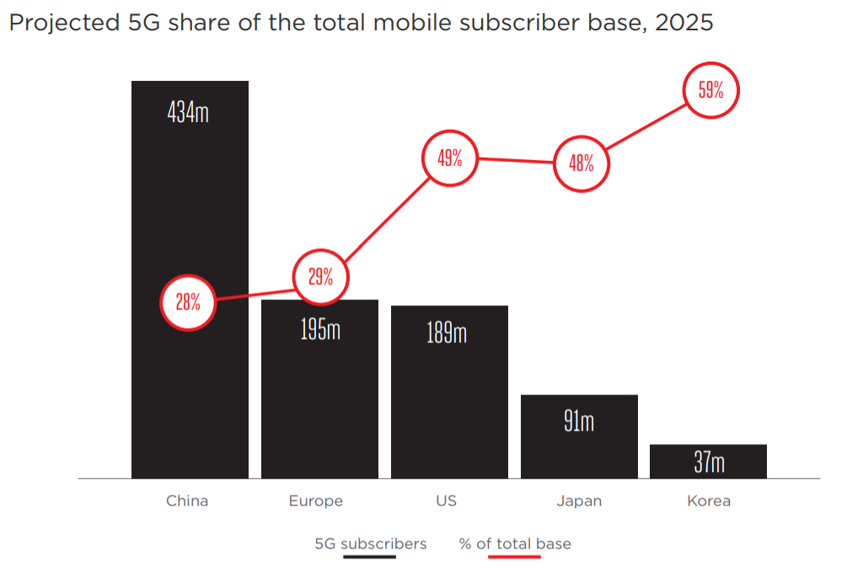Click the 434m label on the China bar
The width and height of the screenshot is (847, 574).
point(188,112)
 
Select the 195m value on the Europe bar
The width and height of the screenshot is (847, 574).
point(320,329)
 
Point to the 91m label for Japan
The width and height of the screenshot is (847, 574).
point(579,421)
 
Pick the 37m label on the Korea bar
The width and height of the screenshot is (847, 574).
point(709,463)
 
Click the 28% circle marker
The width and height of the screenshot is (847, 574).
point(188,303)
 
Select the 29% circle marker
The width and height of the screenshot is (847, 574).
point(320,276)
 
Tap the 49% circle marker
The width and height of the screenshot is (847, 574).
point(449,158)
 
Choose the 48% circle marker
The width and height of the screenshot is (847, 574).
point(581,163)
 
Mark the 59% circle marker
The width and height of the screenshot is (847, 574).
point(710,91)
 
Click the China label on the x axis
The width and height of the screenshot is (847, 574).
point(187,501)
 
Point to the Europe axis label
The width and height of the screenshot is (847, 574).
point(316,501)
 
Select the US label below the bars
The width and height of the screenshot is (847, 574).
point(447,501)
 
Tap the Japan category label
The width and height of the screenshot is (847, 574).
point(579,501)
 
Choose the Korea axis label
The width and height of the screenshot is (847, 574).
point(709,501)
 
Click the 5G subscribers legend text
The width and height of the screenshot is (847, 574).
point(371,544)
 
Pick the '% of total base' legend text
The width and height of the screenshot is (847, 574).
point(515,544)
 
